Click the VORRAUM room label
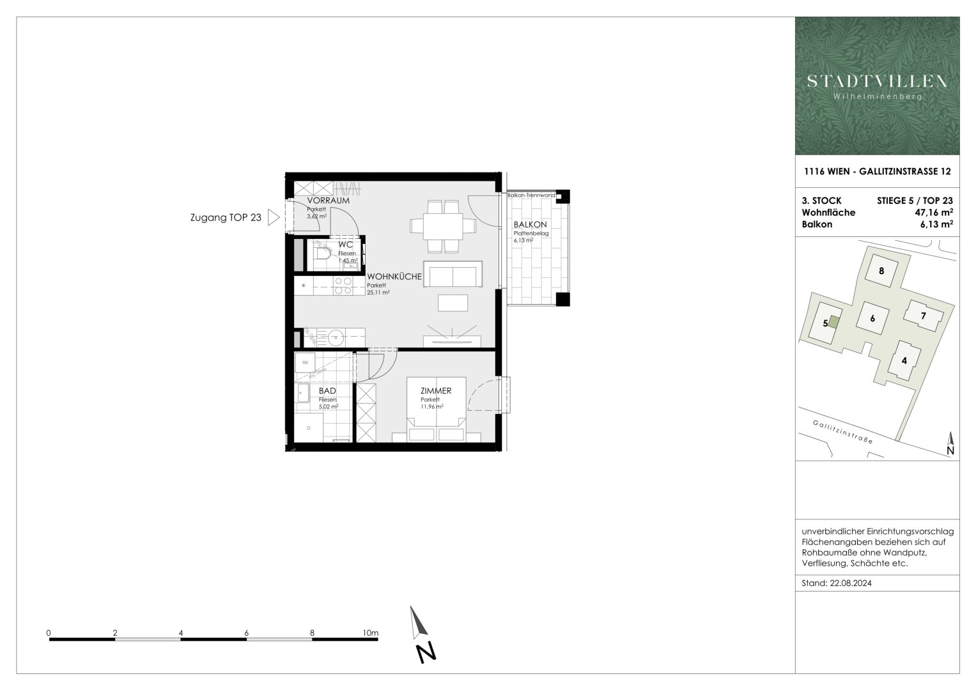tap(328, 201)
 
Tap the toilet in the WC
tap(323, 256)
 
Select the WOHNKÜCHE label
tap(394, 277)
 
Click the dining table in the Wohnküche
tap(443, 226)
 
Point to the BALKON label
tap(530, 225)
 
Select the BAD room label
tap(327, 390)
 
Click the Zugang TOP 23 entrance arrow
tap(274, 218)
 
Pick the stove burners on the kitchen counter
tap(343, 286)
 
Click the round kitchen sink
tap(336, 335)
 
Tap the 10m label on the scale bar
tap(370, 633)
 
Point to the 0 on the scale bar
tap(49, 633)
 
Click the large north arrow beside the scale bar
tap(419, 623)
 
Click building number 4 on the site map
tap(904, 360)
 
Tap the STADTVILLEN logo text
tap(877, 81)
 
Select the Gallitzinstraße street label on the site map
tap(842, 433)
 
